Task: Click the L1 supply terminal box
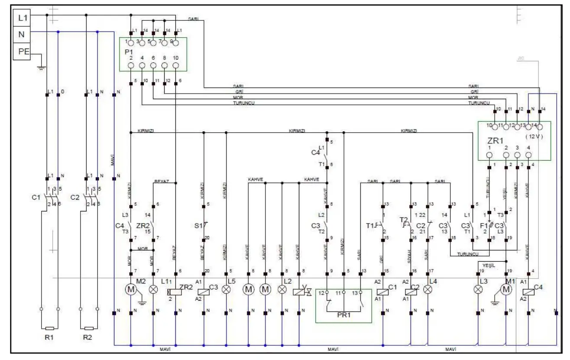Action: (23, 18)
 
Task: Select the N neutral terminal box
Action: (23, 34)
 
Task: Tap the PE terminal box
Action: (23, 51)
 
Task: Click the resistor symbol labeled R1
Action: (49, 328)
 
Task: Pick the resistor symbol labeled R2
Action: (89, 328)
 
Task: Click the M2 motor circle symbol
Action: (130, 290)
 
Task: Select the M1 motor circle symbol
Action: (506, 290)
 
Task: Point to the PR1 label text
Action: (343, 315)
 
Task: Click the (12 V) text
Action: (534, 136)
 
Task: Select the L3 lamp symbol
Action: (478, 290)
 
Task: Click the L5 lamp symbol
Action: (226, 290)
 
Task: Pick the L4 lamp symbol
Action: (428, 290)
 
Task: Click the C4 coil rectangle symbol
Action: (528, 292)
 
